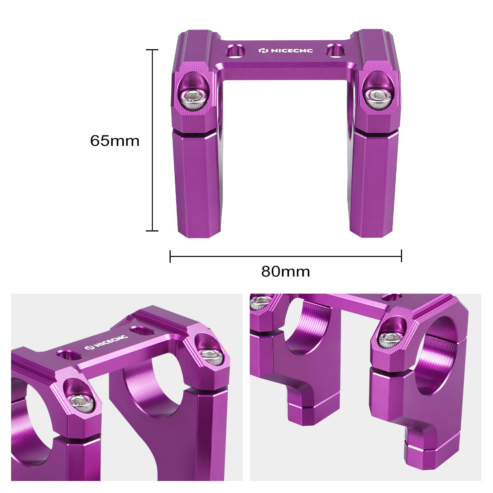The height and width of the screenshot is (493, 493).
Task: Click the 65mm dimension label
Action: coord(115,141)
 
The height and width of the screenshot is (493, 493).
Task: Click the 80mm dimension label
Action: coord(285,271)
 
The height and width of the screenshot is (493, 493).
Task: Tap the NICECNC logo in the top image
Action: coord(285,50)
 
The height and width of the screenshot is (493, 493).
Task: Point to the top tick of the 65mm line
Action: coord(152,50)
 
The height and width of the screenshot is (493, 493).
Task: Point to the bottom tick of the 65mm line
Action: coord(152,230)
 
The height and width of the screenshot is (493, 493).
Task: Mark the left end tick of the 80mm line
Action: coord(170,256)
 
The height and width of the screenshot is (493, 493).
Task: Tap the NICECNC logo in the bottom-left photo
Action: coord(107,342)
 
